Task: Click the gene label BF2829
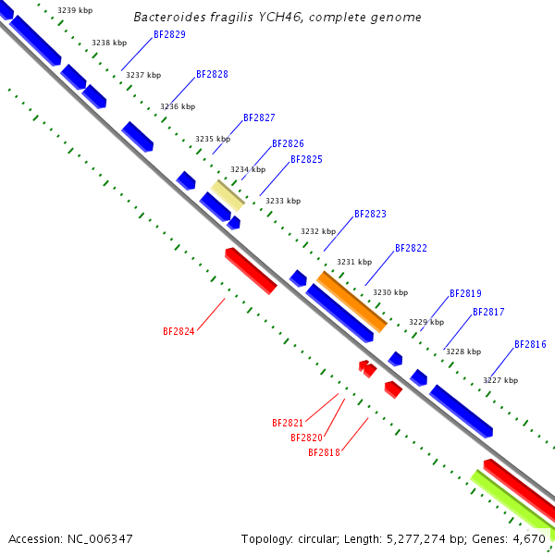coord(169,34)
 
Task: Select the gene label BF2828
coord(212,74)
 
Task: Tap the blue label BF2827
coord(259,118)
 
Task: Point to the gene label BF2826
coord(288,144)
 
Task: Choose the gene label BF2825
coord(306,160)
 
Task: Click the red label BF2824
coord(179,331)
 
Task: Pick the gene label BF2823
coord(370,215)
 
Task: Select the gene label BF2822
coord(411,249)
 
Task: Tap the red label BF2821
coord(288,423)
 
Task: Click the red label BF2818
coord(324,452)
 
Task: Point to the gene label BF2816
coord(530,345)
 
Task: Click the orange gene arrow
coord(351,302)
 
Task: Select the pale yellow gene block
coord(228,194)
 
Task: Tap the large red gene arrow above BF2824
coord(251,270)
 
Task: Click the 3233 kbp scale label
coord(283,201)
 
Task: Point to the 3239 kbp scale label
coord(75,10)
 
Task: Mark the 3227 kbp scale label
coord(500,380)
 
